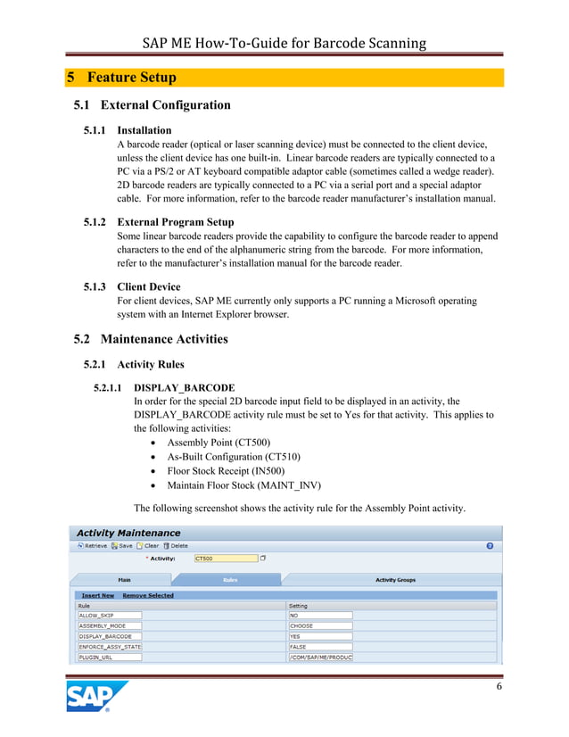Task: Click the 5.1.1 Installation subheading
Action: pyautogui.click(x=144, y=130)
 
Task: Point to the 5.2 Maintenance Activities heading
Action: pyautogui.click(x=151, y=339)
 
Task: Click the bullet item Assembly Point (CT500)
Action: pyautogui.click(x=219, y=443)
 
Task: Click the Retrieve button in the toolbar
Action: pyautogui.click(x=92, y=545)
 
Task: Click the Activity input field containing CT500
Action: pyautogui.click(x=225, y=559)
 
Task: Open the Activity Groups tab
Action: pyautogui.click(x=395, y=580)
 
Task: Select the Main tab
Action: pyautogui.click(x=125, y=580)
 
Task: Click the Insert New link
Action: pyautogui.click(x=98, y=595)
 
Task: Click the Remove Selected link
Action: pyautogui.click(x=148, y=595)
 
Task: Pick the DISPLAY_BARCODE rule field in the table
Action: pyautogui.click(x=110, y=636)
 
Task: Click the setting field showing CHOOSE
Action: pyautogui.click(x=319, y=625)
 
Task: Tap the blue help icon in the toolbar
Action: pyautogui.click(x=490, y=545)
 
